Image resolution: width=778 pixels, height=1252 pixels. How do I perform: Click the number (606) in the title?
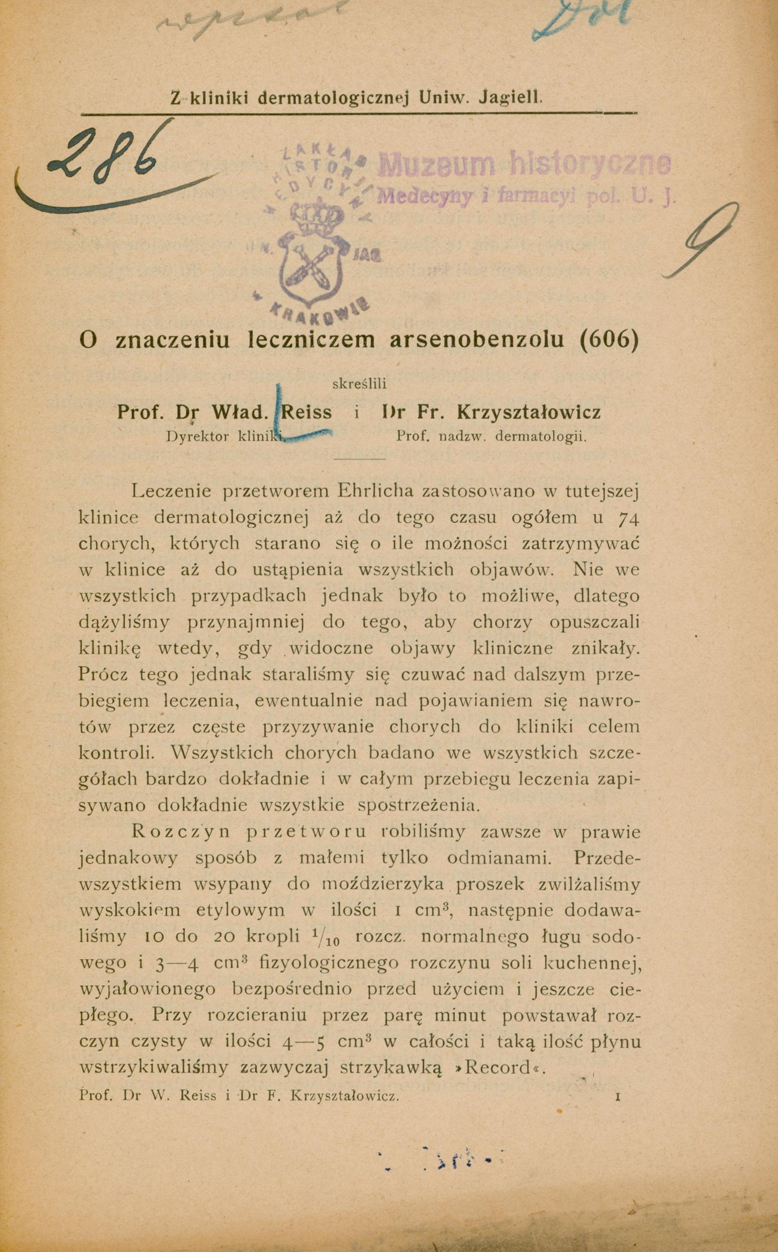pos(609,340)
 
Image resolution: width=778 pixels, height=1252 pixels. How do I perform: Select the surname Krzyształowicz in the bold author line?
pos(528,413)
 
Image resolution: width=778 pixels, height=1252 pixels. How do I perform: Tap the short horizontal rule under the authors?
pos(360,458)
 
